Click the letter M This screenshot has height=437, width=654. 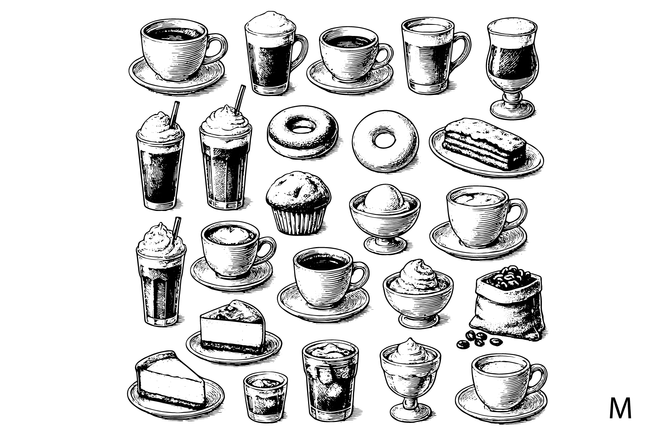click(x=620, y=409)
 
